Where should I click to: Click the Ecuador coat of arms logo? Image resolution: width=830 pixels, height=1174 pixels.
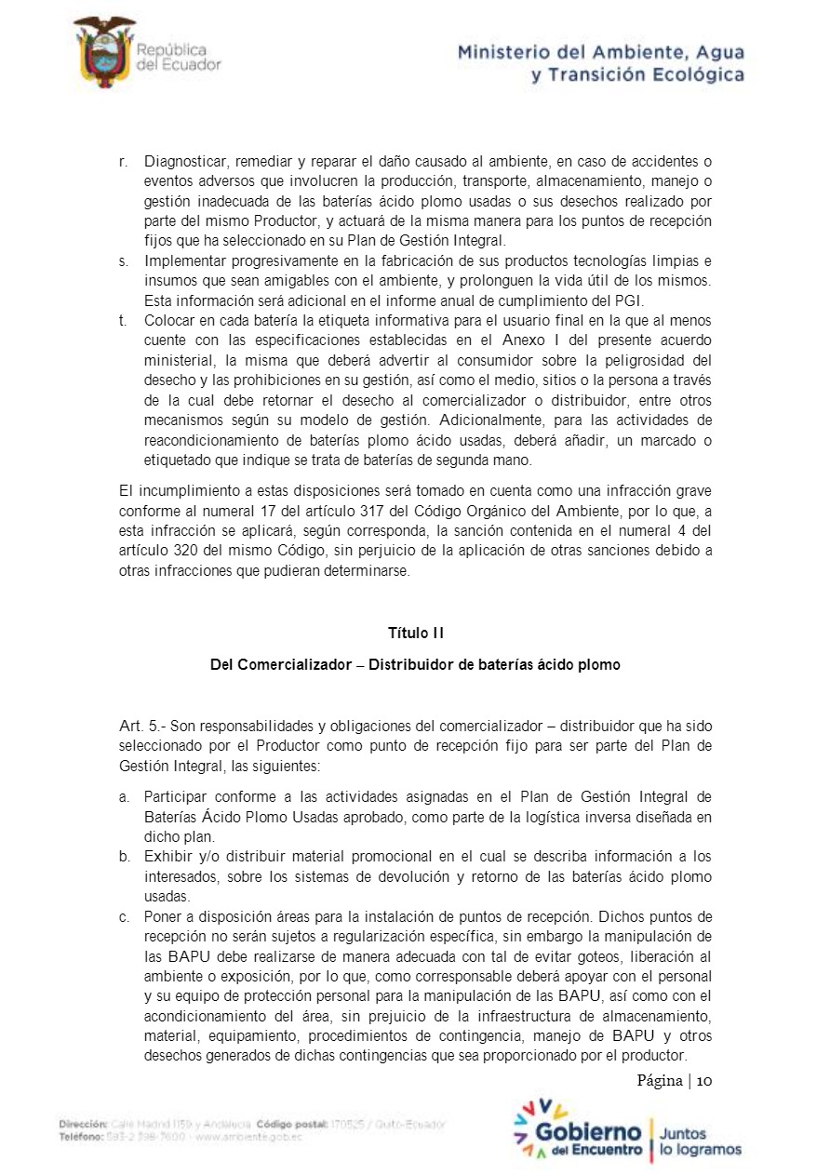point(104,52)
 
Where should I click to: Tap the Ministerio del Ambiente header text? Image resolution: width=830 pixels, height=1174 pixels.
point(600,63)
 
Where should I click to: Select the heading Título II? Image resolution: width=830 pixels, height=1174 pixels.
point(415,633)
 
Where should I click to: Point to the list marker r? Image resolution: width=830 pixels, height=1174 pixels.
point(124,162)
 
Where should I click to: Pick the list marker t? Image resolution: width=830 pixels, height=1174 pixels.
point(123,320)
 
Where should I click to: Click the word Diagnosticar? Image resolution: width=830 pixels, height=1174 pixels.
point(187,162)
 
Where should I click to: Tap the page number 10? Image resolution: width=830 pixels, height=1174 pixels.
point(703,1080)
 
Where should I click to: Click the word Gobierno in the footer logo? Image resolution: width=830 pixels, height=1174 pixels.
point(588,1131)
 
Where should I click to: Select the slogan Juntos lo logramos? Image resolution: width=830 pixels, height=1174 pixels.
point(700,1141)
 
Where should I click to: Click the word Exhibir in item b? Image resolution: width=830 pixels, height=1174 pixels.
point(167,856)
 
